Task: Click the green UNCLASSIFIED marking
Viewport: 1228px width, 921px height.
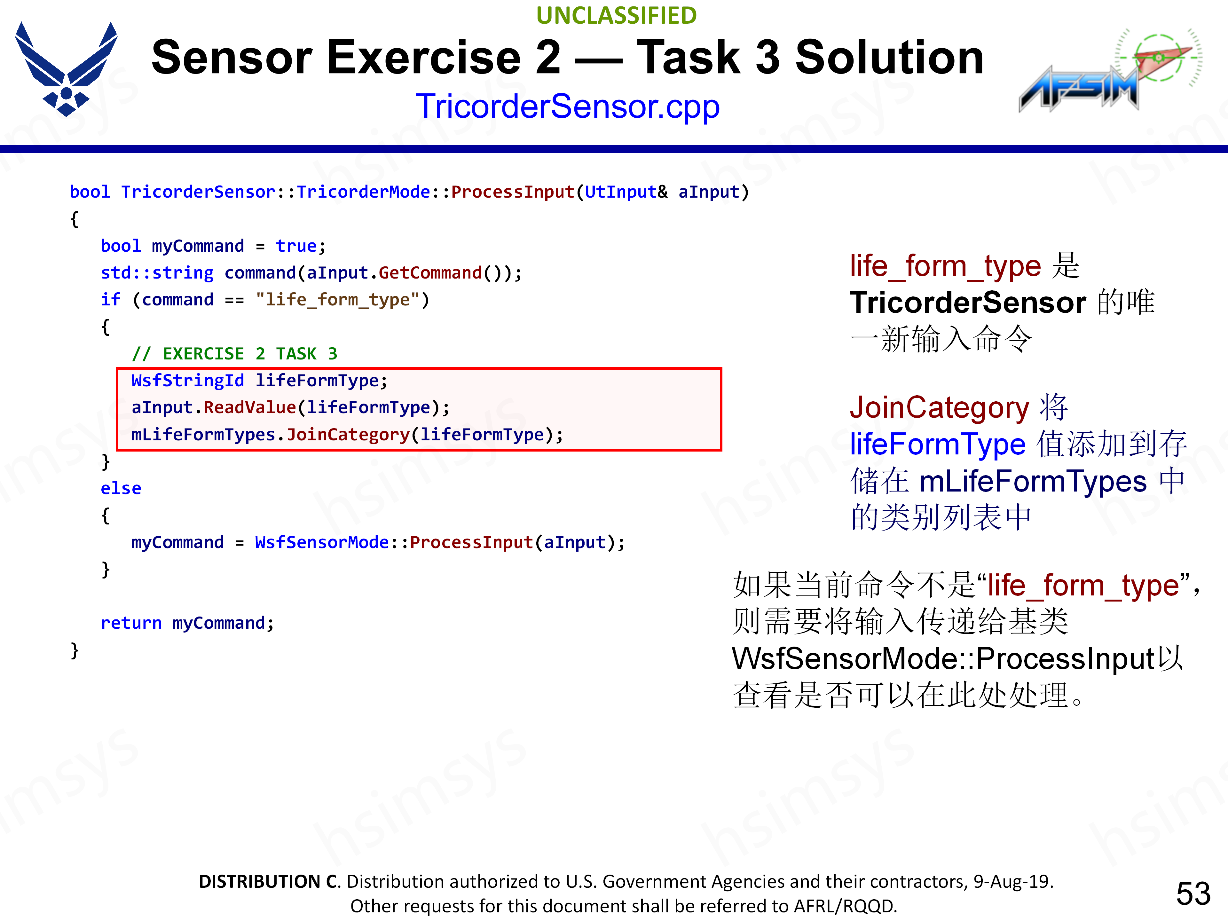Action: click(616, 16)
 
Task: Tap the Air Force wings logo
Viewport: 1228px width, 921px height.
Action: click(66, 69)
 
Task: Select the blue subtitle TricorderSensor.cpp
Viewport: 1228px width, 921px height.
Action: click(567, 106)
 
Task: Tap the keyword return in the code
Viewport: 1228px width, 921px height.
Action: click(131, 623)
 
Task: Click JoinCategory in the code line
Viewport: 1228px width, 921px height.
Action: click(348, 434)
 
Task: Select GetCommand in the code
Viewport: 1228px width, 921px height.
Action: click(430, 272)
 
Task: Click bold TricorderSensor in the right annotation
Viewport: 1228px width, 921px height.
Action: click(968, 303)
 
